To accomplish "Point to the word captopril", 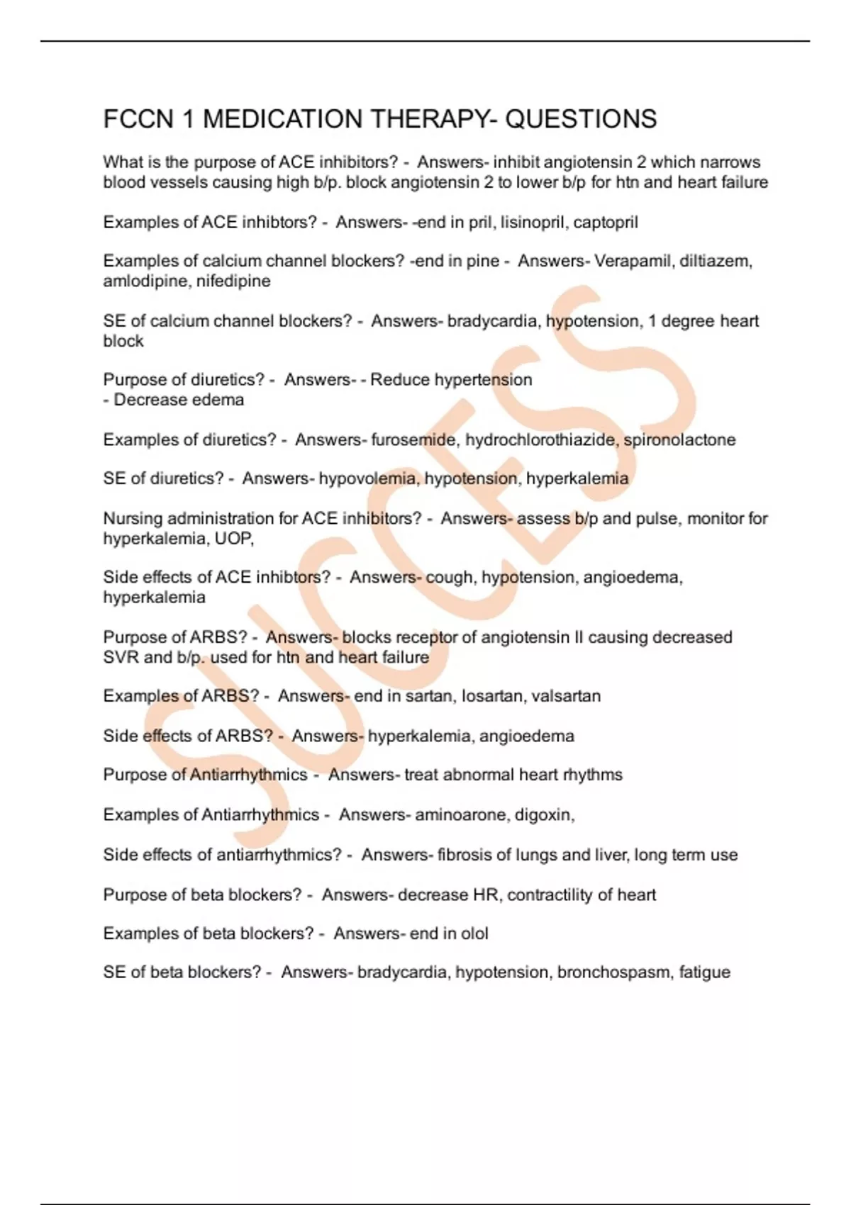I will [606, 223].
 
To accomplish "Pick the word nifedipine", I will [233, 281].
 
